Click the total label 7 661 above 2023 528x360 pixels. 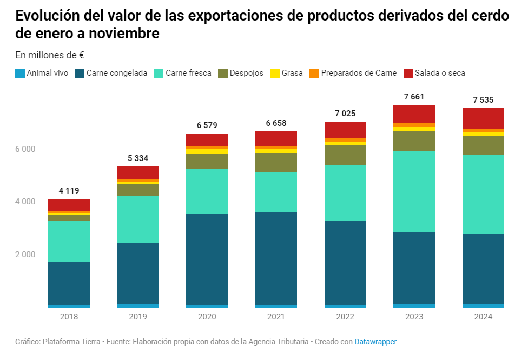(414, 97)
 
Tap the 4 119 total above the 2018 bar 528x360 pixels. (69, 190)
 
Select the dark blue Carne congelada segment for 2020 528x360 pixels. (207, 259)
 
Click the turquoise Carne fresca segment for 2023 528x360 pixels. (414, 191)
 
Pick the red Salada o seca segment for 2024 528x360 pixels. (483, 118)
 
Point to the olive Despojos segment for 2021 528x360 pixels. (276, 162)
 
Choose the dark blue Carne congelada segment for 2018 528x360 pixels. (69, 283)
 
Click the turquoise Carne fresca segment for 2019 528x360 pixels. (138, 219)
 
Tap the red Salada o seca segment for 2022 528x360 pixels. (345, 130)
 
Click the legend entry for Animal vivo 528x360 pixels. (42, 73)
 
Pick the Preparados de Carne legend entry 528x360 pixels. (353, 73)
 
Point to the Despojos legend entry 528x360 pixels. (241, 73)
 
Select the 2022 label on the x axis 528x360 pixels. (345, 317)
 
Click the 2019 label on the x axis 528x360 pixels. (138, 317)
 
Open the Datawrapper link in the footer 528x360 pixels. (375, 342)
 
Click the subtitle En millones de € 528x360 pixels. (50, 55)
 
